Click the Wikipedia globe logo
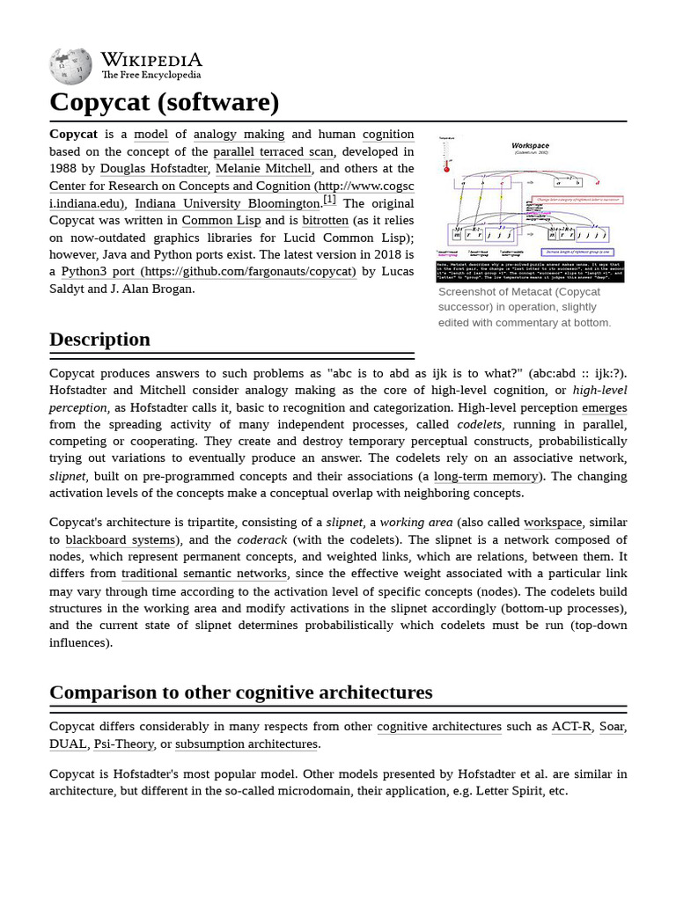point(70,67)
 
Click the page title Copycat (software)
point(164,102)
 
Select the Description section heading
point(99,340)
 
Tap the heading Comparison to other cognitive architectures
point(240,692)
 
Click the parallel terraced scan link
point(273,151)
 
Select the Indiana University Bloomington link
point(227,203)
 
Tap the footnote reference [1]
point(329,200)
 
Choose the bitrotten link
point(325,221)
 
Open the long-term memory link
point(486,476)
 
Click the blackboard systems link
point(120,540)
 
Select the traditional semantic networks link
point(204,574)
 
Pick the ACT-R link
point(571,727)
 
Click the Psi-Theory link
point(122,744)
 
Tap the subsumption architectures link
point(246,744)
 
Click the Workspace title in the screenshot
point(530,145)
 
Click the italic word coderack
point(261,540)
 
